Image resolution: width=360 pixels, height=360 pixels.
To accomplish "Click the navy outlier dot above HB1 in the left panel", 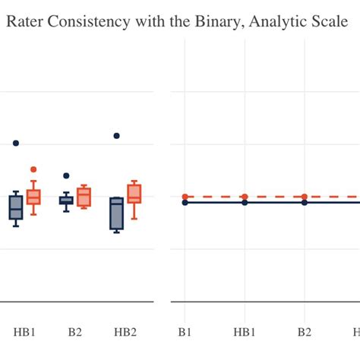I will (x=16, y=143).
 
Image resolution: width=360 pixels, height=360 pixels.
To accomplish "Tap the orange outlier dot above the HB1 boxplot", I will (x=33, y=169).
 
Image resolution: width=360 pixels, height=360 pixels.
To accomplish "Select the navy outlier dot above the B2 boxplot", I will (x=66, y=175).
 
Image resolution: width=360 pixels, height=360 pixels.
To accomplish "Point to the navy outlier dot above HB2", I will (x=116, y=136).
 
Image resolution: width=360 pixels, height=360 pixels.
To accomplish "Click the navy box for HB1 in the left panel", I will (x=16, y=207).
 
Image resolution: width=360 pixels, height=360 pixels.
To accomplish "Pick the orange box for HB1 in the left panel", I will (x=33, y=197).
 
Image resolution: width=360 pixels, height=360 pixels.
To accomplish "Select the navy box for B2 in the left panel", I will (x=66, y=201).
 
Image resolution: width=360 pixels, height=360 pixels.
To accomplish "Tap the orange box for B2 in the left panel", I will (x=84, y=197).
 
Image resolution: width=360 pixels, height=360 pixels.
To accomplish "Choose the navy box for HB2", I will (x=116, y=213).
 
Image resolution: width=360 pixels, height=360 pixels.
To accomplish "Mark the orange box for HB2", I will (x=134, y=194).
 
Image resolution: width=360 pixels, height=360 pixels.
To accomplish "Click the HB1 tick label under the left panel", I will (x=25, y=332).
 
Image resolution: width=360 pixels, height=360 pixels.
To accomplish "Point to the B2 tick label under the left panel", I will (x=75, y=332).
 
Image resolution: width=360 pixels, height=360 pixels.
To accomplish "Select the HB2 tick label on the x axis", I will (x=125, y=332).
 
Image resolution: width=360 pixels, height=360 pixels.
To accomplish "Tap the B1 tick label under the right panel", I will (x=185, y=332).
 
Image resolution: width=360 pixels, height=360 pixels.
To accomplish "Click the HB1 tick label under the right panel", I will (x=245, y=332).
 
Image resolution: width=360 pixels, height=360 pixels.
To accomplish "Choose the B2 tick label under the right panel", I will (x=305, y=332).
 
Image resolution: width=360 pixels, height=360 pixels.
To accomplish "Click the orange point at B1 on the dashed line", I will (x=185, y=197).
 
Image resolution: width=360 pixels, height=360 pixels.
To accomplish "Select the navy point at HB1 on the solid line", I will (x=245, y=202).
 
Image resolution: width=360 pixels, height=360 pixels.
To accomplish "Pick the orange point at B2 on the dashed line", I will (x=305, y=197).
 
